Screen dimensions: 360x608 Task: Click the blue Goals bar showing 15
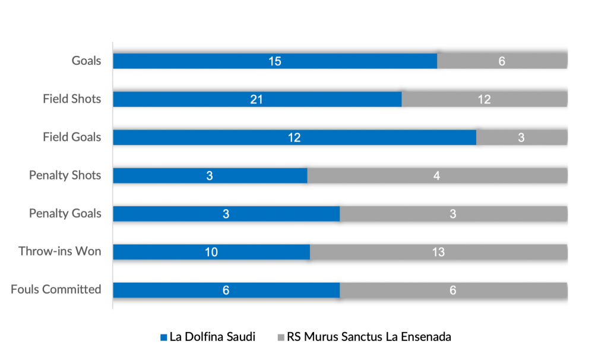[275, 61]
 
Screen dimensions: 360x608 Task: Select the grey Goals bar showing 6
[502, 61]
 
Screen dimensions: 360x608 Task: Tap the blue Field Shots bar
[257, 99]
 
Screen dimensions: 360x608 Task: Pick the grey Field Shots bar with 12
[484, 99]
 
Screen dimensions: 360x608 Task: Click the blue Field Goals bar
[294, 137]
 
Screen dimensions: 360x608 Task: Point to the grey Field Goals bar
[521, 137]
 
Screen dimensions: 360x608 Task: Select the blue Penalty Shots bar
[210, 175]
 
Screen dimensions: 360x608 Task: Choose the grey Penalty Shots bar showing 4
[437, 175]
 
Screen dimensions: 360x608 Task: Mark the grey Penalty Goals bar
[453, 213]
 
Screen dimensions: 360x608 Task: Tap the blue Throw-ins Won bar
[211, 251]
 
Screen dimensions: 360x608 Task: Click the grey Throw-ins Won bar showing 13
[438, 251]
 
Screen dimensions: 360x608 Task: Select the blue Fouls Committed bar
[226, 289]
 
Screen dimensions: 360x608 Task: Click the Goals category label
[87, 61]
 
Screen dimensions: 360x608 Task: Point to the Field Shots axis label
[72, 99]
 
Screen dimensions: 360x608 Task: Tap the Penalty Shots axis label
[65, 175]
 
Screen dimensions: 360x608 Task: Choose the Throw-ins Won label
[59, 251]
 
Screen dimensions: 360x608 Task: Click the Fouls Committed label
[56, 289]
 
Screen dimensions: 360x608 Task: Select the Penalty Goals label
[65, 213]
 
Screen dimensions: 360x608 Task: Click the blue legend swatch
[164, 337]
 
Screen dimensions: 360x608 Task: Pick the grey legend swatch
[281, 337]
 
